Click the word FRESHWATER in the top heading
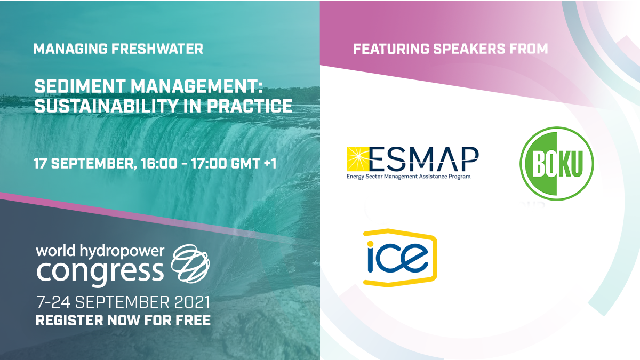[x=157, y=49]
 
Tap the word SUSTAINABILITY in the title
[x=106, y=106]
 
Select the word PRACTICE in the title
[x=250, y=106]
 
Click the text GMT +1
[x=254, y=164]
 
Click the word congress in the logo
[x=100, y=271]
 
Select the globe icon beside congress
[x=190, y=263]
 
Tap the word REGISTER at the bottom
[x=69, y=321]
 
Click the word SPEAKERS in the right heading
[x=469, y=49]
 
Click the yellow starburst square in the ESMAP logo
[x=358, y=159]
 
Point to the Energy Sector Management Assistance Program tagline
[x=409, y=177]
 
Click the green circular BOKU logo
[x=557, y=164]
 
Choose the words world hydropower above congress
[x=100, y=251]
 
